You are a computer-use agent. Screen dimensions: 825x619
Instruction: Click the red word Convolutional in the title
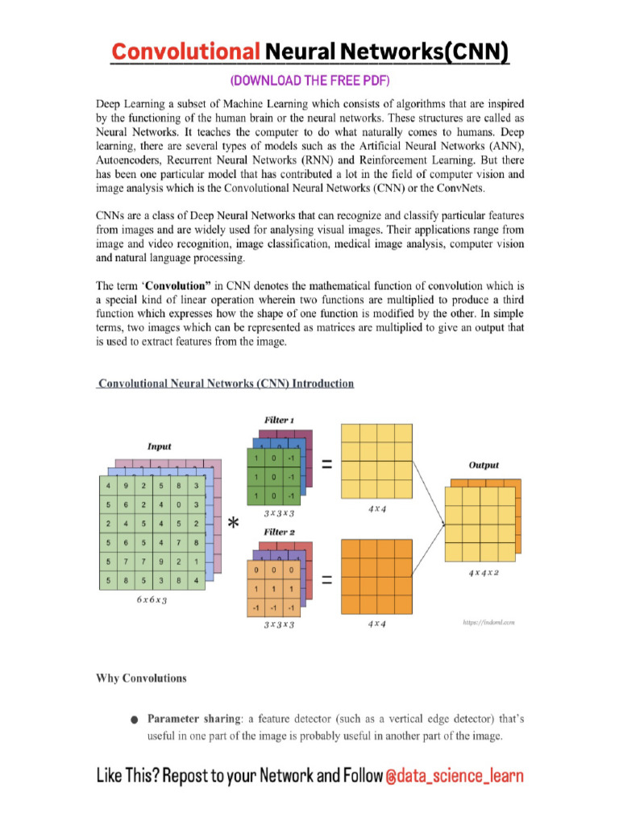point(185,53)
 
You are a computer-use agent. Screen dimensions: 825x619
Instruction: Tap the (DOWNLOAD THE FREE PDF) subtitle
point(310,81)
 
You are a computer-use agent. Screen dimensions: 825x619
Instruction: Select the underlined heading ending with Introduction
point(225,383)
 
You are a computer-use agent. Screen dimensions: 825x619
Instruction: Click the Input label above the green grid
point(158,446)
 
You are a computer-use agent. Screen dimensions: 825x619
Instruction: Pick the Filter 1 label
point(279,421)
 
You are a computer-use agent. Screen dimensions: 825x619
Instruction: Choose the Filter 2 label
point(279,532)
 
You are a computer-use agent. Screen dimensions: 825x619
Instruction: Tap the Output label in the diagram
point(484,465)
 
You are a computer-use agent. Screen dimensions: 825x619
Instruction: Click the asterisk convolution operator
point(233,524)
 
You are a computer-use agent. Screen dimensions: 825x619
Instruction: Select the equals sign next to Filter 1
point(327,464)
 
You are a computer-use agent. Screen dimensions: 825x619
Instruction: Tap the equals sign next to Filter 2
point(327,584)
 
